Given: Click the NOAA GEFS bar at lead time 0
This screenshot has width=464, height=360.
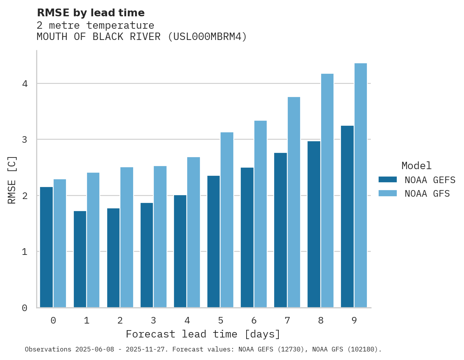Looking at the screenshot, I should point(46,247).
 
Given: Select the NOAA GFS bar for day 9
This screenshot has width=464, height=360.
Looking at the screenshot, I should point(361,185).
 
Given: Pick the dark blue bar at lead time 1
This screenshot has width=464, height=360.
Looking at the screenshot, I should point(80,259).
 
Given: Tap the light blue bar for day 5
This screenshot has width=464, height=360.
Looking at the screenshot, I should point(227,220).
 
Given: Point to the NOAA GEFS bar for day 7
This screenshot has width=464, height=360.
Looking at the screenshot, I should point(280,230).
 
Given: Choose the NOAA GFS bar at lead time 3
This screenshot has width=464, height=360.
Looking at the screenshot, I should point(160,237).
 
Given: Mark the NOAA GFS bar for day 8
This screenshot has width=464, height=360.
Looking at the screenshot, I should point(327,190).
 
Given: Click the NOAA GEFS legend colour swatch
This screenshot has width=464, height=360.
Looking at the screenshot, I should point(388,180).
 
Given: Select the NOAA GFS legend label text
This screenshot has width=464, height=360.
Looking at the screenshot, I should point(427,194).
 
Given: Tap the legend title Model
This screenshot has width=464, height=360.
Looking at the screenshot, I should point(416,166).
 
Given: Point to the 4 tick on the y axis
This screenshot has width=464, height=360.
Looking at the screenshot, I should point(24,84).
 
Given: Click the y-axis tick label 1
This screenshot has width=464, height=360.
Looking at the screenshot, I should point(24,252).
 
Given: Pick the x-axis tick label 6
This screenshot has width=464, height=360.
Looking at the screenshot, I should point(254,321).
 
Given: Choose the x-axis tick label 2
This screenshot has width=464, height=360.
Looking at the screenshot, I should point(120,321).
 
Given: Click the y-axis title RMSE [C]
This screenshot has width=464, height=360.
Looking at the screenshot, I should point(12,180).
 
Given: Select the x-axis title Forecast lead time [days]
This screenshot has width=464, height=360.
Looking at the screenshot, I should point(203,334).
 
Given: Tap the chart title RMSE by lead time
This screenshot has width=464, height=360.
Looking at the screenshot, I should point(90,13).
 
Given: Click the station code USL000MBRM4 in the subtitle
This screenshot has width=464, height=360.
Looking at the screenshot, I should point(207,37).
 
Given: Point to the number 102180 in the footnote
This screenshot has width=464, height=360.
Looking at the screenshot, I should point(361,350).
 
